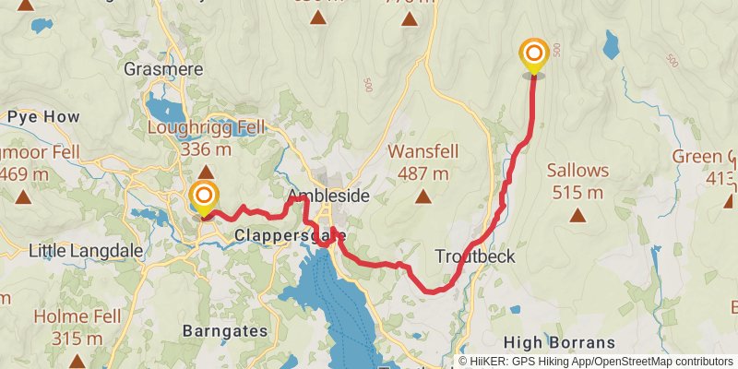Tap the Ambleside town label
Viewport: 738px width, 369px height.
327,196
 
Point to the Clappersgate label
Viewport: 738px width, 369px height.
276,235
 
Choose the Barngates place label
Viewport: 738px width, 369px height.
225,329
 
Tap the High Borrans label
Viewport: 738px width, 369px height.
561,340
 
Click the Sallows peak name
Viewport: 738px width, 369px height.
577,171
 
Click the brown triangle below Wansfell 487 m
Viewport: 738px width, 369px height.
423,196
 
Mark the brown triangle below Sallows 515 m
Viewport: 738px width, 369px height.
577,216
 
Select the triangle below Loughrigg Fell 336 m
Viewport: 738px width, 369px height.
206,172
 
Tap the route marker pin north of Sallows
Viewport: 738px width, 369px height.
533,55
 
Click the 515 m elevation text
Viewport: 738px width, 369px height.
577,193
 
